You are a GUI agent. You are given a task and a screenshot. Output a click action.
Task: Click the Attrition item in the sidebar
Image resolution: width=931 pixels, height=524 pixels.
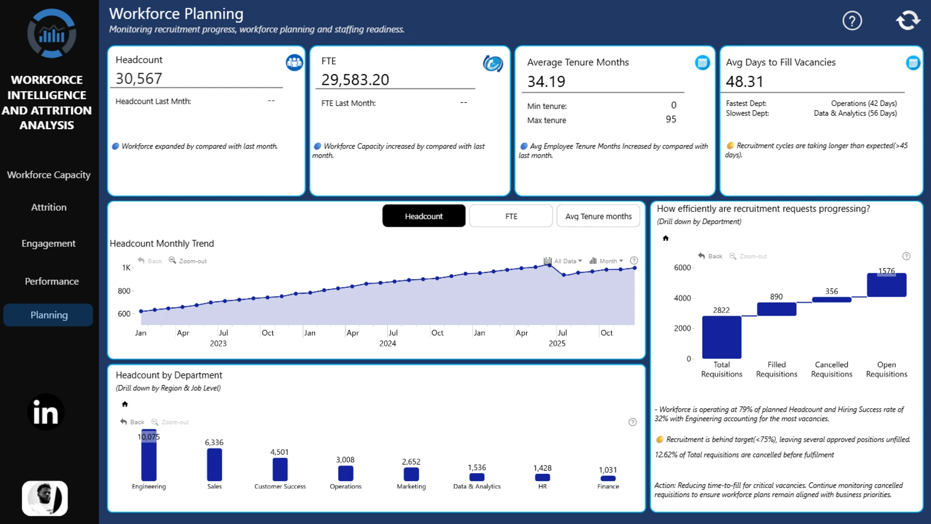click(x=48, y=207)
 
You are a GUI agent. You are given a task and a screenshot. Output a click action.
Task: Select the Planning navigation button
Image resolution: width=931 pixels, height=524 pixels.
click(x=48, y=315)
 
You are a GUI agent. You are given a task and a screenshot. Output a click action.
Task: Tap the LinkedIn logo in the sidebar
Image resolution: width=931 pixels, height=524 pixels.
click(x=46, y=412)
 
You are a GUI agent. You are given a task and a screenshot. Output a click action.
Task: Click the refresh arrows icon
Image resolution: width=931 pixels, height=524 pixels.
click(x=908, y=20)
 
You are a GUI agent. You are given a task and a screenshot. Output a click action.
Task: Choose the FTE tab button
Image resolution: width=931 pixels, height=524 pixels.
click(x=511, y=216)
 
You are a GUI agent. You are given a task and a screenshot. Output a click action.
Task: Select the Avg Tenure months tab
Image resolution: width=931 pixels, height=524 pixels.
click(x=598, y=216)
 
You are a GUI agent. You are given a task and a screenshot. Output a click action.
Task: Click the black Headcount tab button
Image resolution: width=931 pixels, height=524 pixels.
click(x=424, y=216)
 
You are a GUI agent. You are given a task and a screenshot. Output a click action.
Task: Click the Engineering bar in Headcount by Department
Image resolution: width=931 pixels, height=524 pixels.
click(x=149, y=455)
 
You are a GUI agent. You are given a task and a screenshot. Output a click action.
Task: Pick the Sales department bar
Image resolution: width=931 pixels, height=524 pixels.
click(x=214, y=464)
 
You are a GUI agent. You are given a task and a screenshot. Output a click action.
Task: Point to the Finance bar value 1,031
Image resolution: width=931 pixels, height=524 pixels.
click(x=608, y=470)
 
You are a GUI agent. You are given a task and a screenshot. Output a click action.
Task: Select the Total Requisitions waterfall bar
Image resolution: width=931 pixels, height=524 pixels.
click(x=722, y=337)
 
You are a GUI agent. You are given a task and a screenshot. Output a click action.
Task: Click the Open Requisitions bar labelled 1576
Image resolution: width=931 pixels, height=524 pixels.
click(x=886, y=285)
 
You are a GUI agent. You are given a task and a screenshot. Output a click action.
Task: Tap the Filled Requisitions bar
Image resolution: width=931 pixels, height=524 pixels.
click(x=776, y=309)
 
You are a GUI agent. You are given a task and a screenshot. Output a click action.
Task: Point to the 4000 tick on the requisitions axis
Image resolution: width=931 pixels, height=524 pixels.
click(x=682, y=298)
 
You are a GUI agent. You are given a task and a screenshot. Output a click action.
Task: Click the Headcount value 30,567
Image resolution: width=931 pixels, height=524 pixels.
click(x=139, y=79)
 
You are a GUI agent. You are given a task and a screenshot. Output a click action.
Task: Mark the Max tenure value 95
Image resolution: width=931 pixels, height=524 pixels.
click(x=671, y=119)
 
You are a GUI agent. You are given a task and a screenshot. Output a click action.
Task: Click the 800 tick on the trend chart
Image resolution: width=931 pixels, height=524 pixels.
click(x=124, y=291)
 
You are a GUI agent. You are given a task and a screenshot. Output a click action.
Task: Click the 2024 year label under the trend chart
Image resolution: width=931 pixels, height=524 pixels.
click(x=387, y=344)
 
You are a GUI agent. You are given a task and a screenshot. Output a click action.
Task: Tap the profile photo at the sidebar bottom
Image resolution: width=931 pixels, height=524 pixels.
click(x=45, y=498)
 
